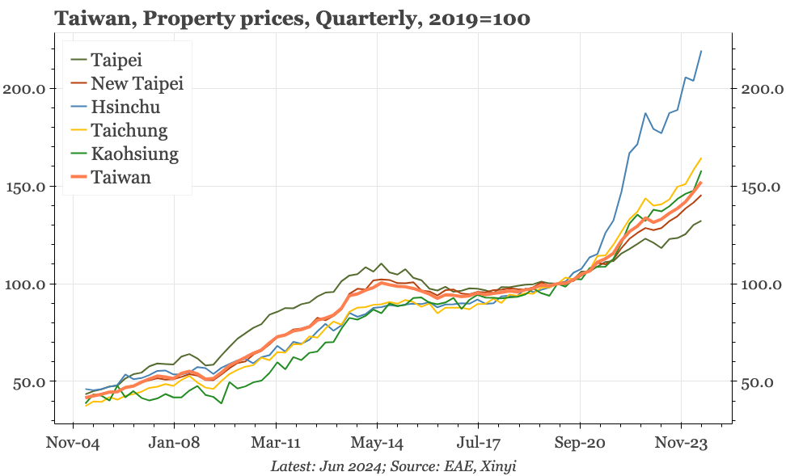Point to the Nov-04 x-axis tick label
(74, 443)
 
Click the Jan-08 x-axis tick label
(175, 443)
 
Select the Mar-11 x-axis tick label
(276, 443)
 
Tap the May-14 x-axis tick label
(378, 443)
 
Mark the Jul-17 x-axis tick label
(479, 443)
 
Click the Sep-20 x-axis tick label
(580, 443)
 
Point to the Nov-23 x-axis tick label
(681, 443)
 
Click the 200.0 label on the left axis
(23, 88)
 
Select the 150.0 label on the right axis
(762, 187)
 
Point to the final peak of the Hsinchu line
(701, 51)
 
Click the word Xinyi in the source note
(501, 466)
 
